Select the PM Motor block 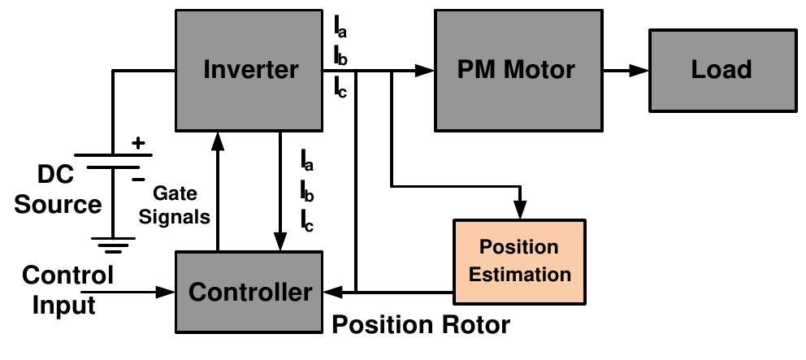click(518, 69)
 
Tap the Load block click(721, 69)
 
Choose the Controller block click(249, 292)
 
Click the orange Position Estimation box click(519, 259)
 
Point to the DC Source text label click(57, 190)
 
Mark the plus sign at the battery click(138, 144)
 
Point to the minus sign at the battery click(138, 180)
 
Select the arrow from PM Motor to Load click(625, 71)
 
